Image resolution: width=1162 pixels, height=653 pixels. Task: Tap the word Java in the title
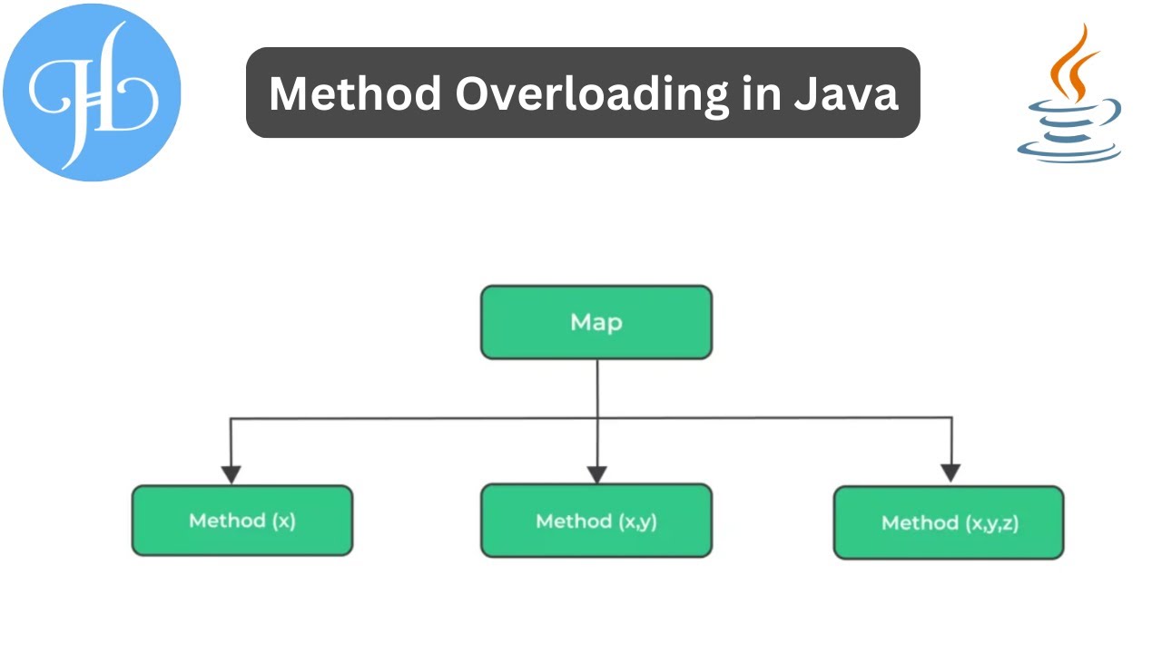pos(845,93)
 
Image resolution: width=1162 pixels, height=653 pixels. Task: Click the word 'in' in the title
pos(761,93)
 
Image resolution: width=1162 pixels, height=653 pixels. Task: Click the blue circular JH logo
pos(92,92)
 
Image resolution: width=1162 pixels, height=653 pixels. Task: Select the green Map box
pos(596,322)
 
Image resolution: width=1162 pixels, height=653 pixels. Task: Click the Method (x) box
pos(241,521)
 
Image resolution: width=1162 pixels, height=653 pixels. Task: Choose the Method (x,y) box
pos(596,521)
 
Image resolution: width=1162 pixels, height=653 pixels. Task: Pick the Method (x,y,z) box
pos(948,522)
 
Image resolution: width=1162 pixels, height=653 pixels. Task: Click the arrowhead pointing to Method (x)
pos(231,474)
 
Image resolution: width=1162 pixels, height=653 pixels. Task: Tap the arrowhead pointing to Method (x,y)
pos(596,474)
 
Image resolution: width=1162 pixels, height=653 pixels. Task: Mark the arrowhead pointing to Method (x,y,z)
pos(950,473)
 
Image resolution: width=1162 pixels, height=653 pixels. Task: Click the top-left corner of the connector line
pos(231,419)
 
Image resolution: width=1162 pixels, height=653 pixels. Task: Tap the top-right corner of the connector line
pos(950,418)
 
